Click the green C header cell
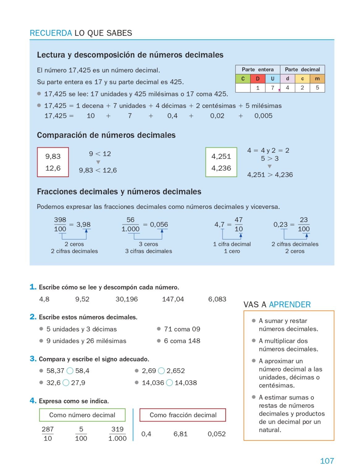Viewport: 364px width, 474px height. click(x=243, y=79)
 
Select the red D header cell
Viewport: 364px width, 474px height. click(x=257, y=79)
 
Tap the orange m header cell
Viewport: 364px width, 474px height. click(x=317, y=79)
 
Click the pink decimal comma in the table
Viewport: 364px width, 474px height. click(x=279, y=90)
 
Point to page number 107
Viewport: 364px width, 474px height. click(x=327, y=461)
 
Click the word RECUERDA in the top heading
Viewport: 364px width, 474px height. click(x=51, y=33)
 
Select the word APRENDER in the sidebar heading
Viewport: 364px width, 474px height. click(x=290, y=305)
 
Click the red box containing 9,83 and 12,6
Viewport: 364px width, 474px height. click(x=53, y=162)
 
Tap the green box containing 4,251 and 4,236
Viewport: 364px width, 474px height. click(x=221, y=162)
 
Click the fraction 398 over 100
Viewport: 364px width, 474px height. click(x=60, y=224)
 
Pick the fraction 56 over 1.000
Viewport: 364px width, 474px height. click(x=130, y=224)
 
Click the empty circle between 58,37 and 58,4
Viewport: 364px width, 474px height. click(x=70, y=371)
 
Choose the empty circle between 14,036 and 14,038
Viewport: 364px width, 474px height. click(x=169, y=383)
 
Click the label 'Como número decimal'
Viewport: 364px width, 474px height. click(x=82, y=415)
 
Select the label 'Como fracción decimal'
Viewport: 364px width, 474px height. click(x=183, y=415)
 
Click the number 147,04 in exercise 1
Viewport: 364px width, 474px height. click(x=173, y=299)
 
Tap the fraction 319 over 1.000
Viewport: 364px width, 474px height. click(x=117, y=434)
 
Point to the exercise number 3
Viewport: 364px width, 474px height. click(x=33, y=359)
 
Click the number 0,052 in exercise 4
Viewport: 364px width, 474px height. click(x=216, y=434)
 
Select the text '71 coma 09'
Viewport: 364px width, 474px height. click(x=182, y=329)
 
